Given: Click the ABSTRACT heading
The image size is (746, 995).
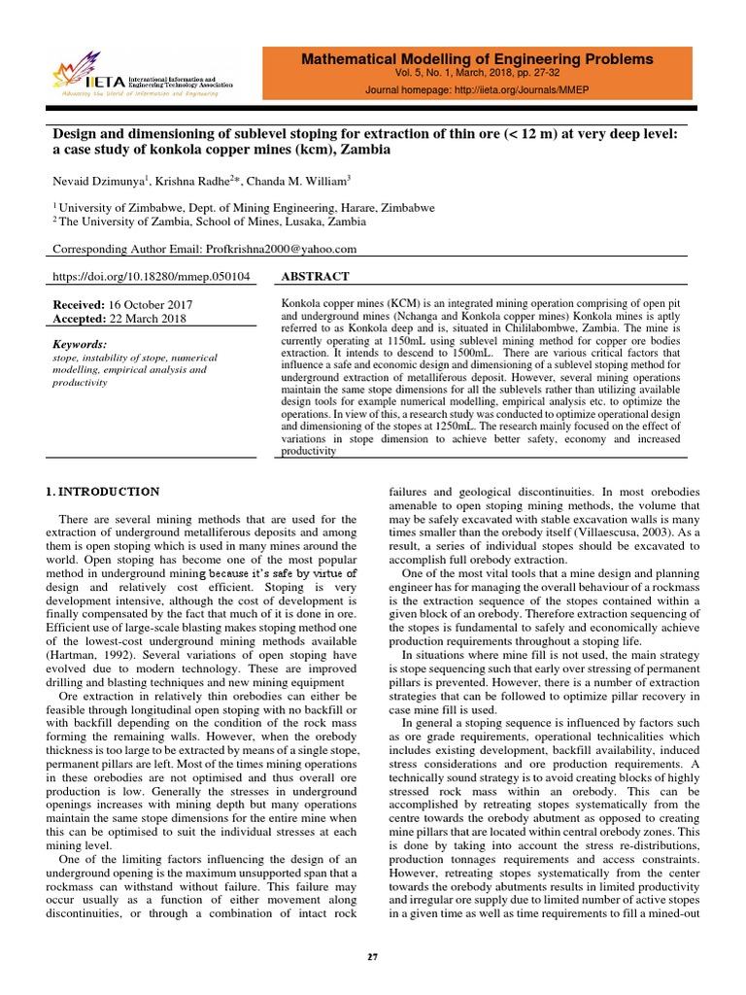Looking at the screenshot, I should (x=315, y=277).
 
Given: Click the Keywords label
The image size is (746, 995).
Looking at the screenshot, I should (x=80, y=344).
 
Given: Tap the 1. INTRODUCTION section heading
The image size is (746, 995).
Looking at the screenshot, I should (x=105, y=493).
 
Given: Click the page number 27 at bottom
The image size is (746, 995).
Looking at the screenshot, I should (x=372, y=957).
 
